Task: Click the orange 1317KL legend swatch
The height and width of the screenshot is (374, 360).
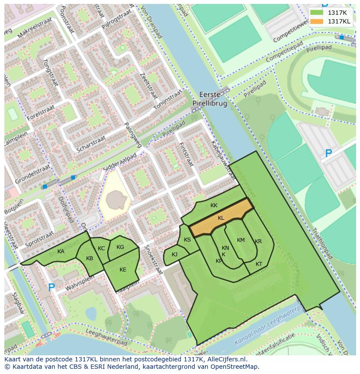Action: pos(317,21)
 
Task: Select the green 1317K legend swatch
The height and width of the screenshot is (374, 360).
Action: pos(317,13)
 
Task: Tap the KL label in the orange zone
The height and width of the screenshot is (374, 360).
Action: pos(221,218)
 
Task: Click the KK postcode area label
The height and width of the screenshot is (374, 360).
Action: pos(214,205)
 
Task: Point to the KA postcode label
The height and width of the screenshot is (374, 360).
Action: pos(61,252)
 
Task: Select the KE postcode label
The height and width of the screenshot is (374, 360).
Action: pos(123,270)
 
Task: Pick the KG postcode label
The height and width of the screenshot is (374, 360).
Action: pos(120,247)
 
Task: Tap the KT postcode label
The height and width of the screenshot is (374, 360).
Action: pos(259,264)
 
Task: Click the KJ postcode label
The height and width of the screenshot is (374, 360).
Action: pos(174,255)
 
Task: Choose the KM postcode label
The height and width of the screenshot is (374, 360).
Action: pos(241,240)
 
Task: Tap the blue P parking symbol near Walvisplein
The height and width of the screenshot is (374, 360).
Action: pos(51,288)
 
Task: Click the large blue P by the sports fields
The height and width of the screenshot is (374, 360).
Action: pos(329,153)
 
